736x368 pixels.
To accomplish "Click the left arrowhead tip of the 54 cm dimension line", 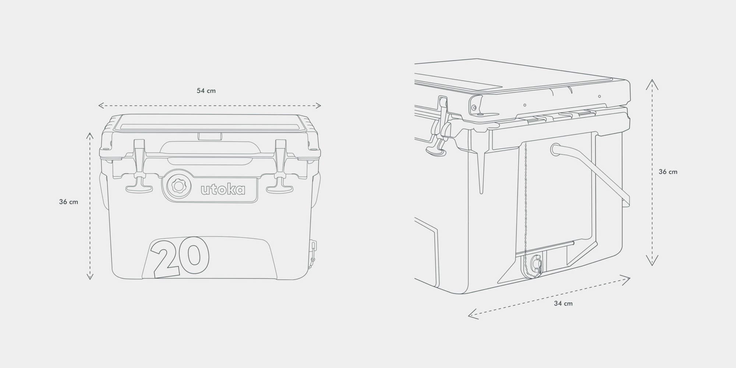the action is point(98,106).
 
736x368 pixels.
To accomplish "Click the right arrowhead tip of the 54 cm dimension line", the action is point(321,106).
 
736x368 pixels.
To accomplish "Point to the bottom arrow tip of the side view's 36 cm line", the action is point(652,266).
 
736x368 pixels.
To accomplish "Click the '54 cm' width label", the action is point(206,91).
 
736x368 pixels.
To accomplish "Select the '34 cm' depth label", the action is point(563,304).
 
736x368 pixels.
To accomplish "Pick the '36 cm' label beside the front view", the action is point(68,202).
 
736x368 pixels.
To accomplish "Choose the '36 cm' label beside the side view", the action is point(668,171).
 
